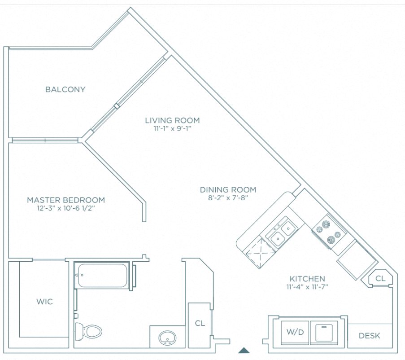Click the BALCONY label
point(65,89)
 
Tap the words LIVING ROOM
point(172,120)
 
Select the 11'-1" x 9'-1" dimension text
point(172,128)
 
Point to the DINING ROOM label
point(228,189)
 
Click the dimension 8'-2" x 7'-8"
point(228,197)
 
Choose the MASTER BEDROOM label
point(66,200)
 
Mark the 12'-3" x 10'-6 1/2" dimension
point(66,208)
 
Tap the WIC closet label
point(44,302)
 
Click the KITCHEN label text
point(307,279)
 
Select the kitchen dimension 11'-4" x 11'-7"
point(307,287)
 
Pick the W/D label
point(295,333)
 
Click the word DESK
point(370,335)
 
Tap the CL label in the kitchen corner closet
point(380,279)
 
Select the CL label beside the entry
point(200,323)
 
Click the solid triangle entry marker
point(244,350)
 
